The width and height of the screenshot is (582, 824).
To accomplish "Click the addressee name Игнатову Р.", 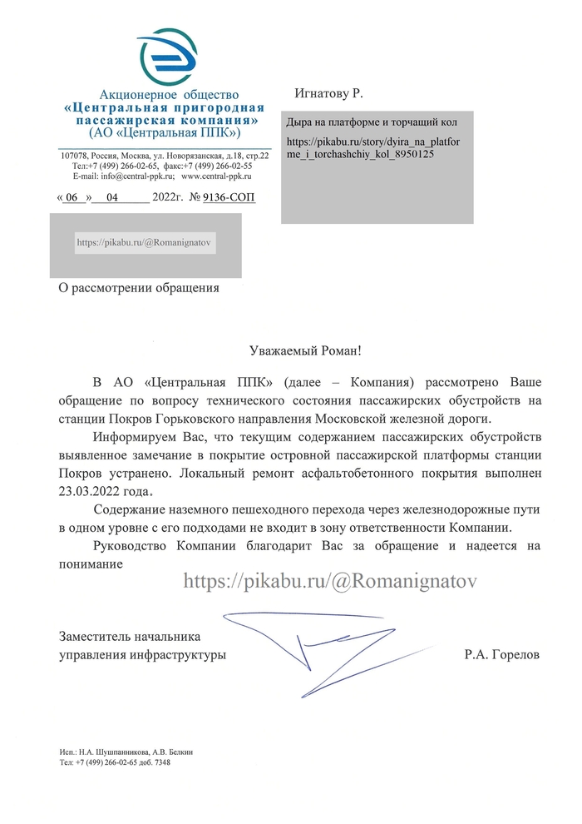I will click(329, 92).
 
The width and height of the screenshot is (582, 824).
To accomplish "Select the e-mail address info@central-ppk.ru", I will click(126, 176).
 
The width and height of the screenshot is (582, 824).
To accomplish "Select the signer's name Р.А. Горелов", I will click(502, 655).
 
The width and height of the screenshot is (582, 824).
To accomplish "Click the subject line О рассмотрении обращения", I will click(138, 288).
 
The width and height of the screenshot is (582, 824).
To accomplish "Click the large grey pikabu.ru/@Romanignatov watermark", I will click(330, 581).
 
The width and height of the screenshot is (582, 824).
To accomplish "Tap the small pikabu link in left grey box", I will click(145, 243).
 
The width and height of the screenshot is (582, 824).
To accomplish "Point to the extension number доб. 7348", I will click(155, 762).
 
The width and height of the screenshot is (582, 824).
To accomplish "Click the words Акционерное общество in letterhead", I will click(169, 95).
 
